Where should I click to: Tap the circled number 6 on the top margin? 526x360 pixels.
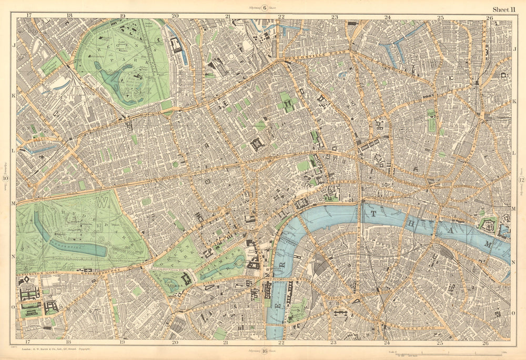pos(265,7)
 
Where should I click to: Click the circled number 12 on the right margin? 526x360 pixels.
pos(521,181)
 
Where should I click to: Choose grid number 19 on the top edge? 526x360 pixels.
pos(122,16)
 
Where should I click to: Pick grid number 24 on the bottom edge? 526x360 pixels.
pos(387,343)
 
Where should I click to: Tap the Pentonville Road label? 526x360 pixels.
pos(316,54)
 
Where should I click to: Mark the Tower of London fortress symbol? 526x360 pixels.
pos(488,224)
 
